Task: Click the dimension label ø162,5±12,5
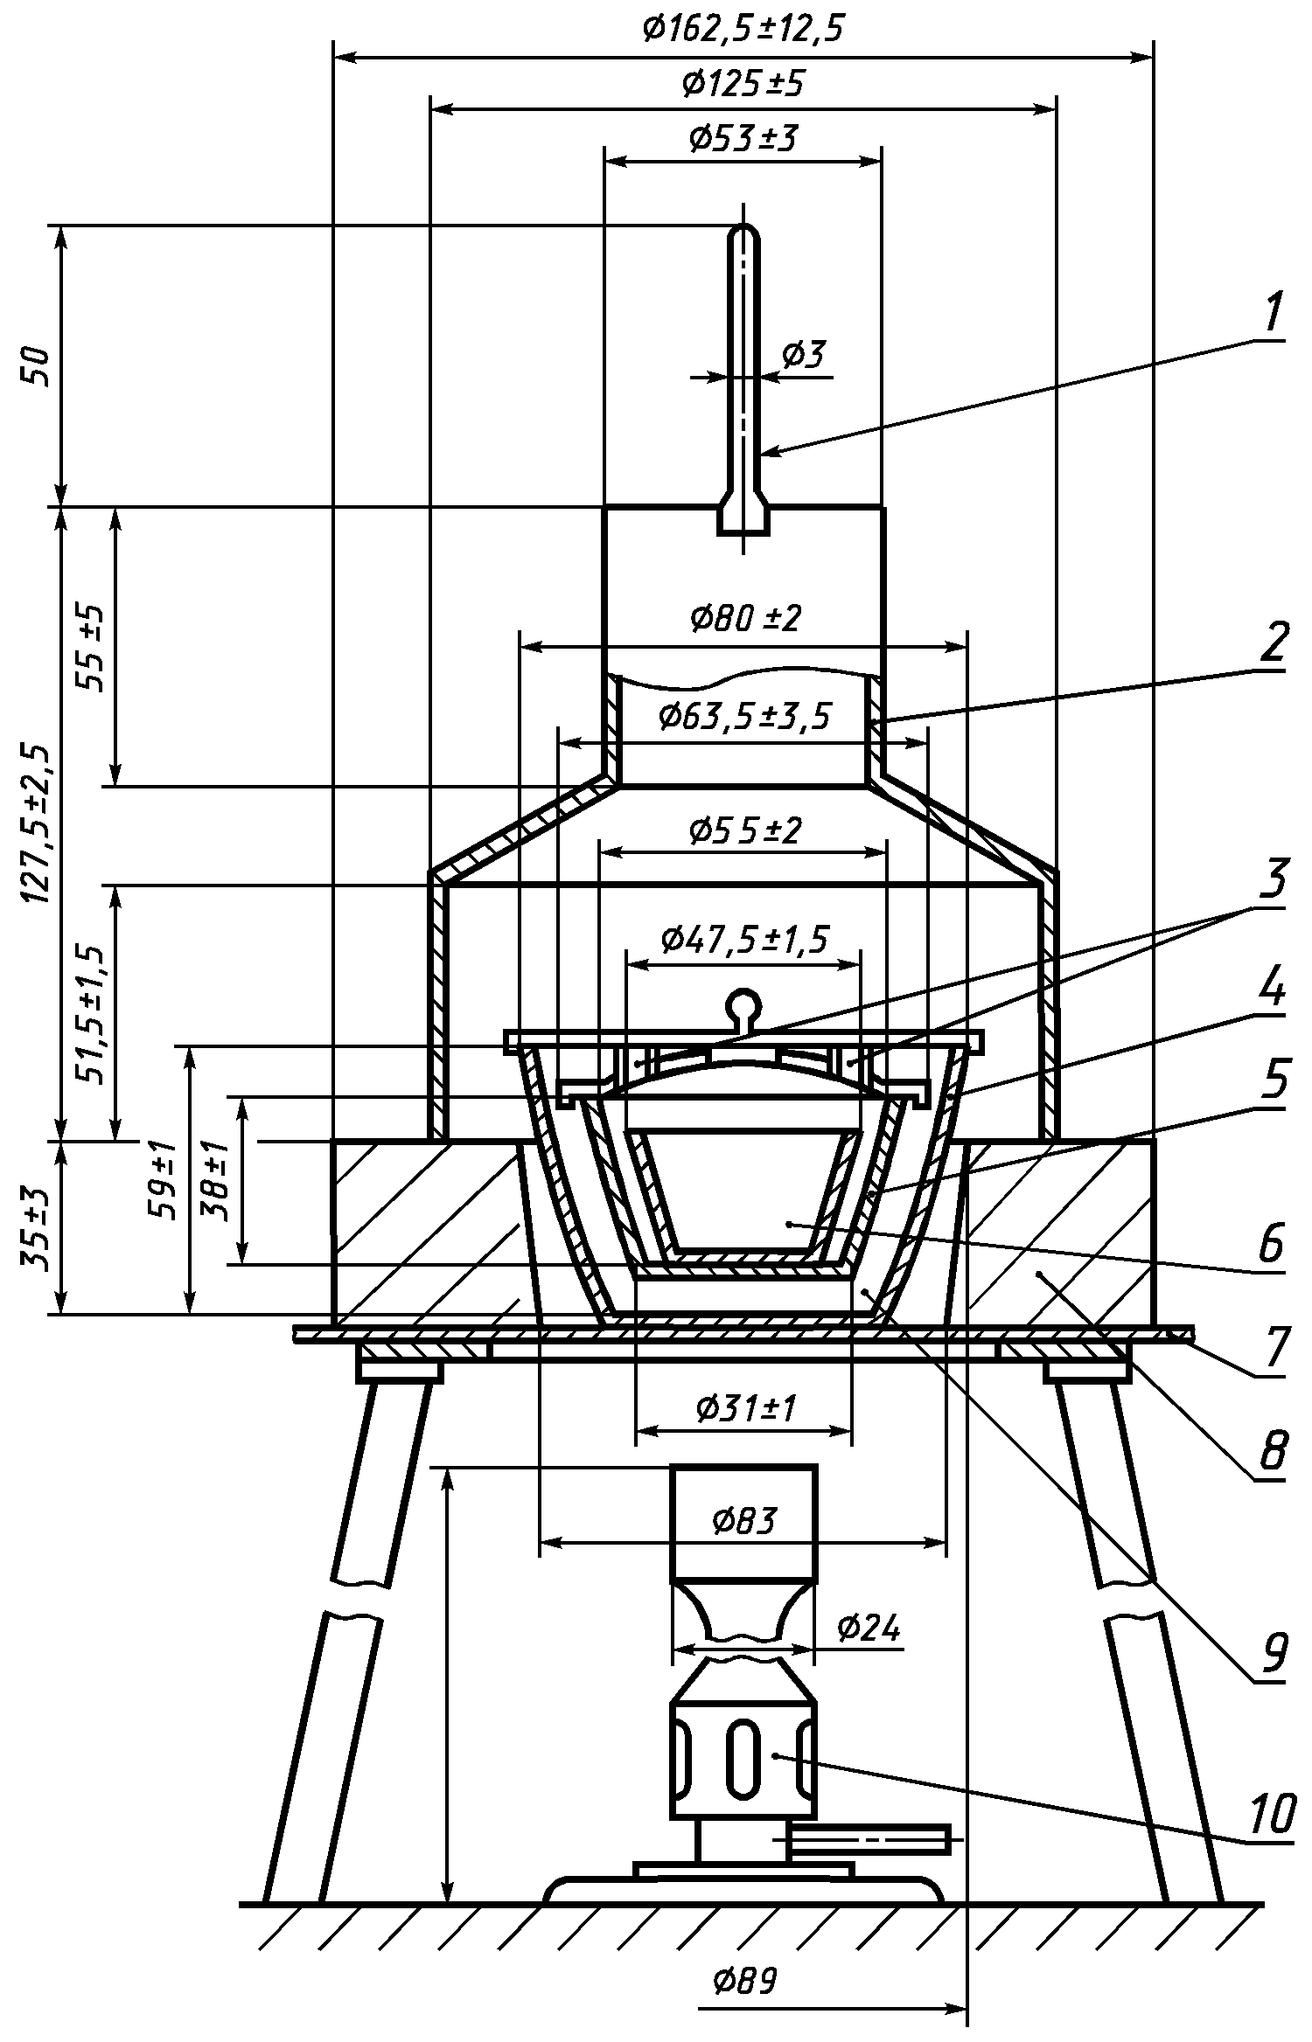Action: coord(743,31)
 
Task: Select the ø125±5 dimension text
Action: coord(743,85)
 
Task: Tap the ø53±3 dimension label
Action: coord(743,138)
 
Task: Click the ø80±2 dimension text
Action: coord(744,619)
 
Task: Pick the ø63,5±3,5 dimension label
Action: coord(744,716)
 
